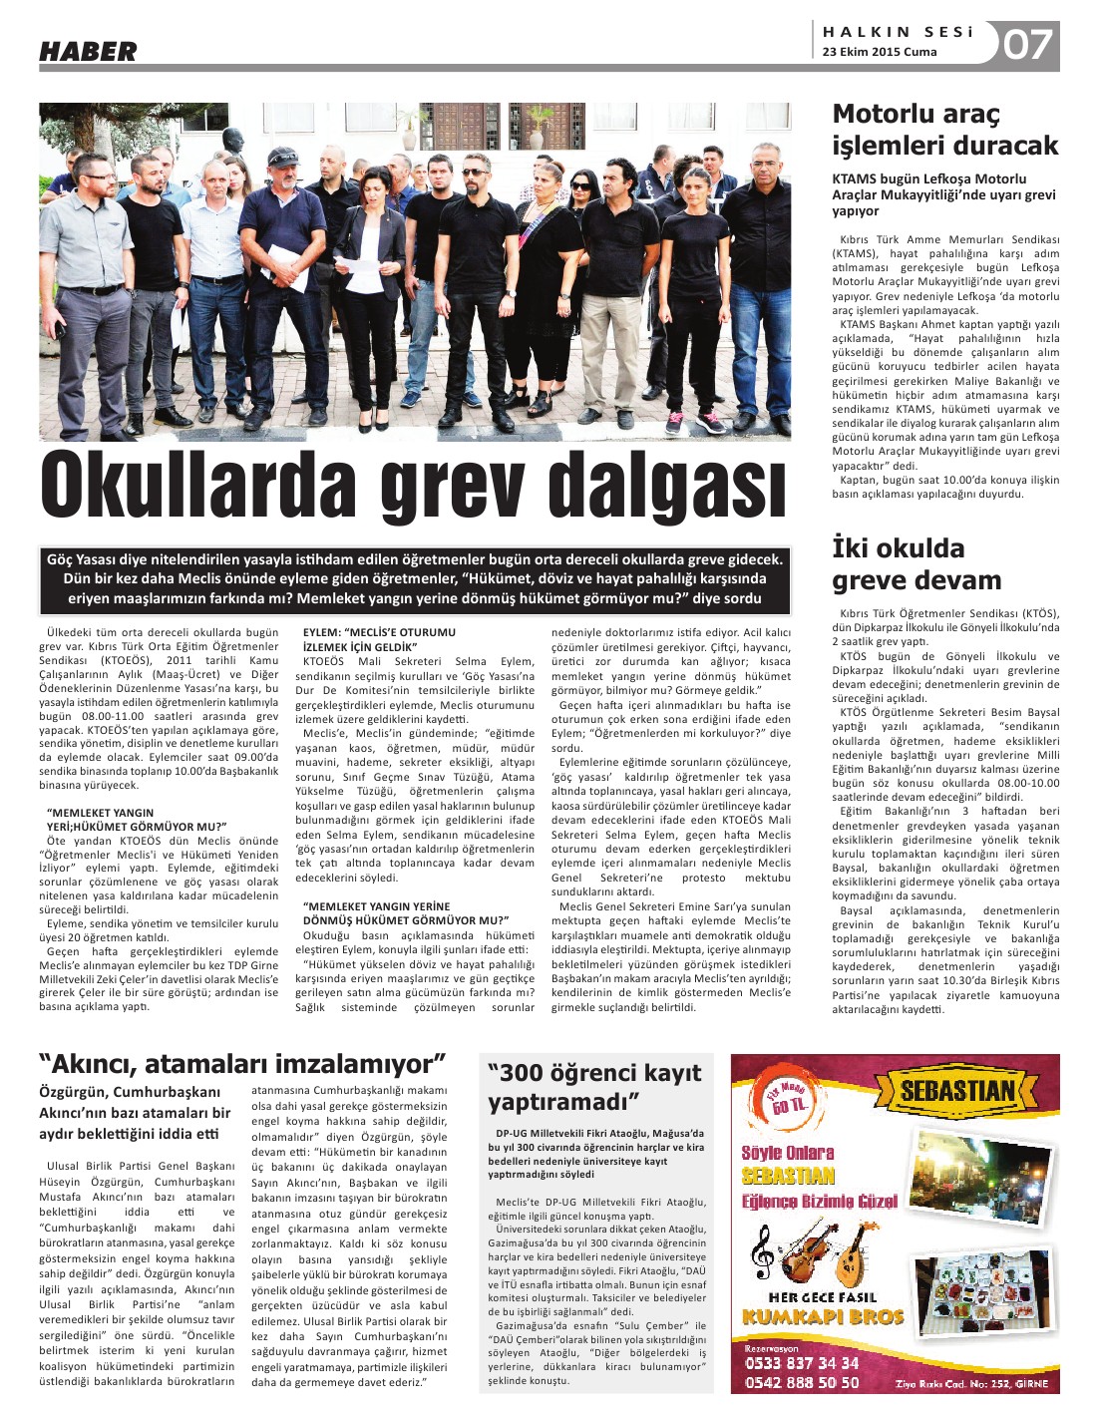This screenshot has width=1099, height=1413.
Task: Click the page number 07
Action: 1027,45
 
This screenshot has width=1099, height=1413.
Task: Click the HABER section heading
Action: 88,50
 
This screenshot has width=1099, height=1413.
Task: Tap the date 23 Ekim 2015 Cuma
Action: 880,52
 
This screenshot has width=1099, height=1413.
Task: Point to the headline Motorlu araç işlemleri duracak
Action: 944,130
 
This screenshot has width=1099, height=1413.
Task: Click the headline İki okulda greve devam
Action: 916,564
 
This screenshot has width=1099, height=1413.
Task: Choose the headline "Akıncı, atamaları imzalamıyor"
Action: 242,1063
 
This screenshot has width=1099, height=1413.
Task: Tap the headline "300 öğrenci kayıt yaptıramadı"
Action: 594,1087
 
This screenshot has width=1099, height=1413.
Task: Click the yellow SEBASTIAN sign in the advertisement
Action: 957,1091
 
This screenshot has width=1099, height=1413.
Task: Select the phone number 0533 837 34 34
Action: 802,1362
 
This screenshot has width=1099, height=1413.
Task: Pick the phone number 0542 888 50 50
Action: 802,1382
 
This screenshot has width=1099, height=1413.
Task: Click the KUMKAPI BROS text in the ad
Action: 823,1316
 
